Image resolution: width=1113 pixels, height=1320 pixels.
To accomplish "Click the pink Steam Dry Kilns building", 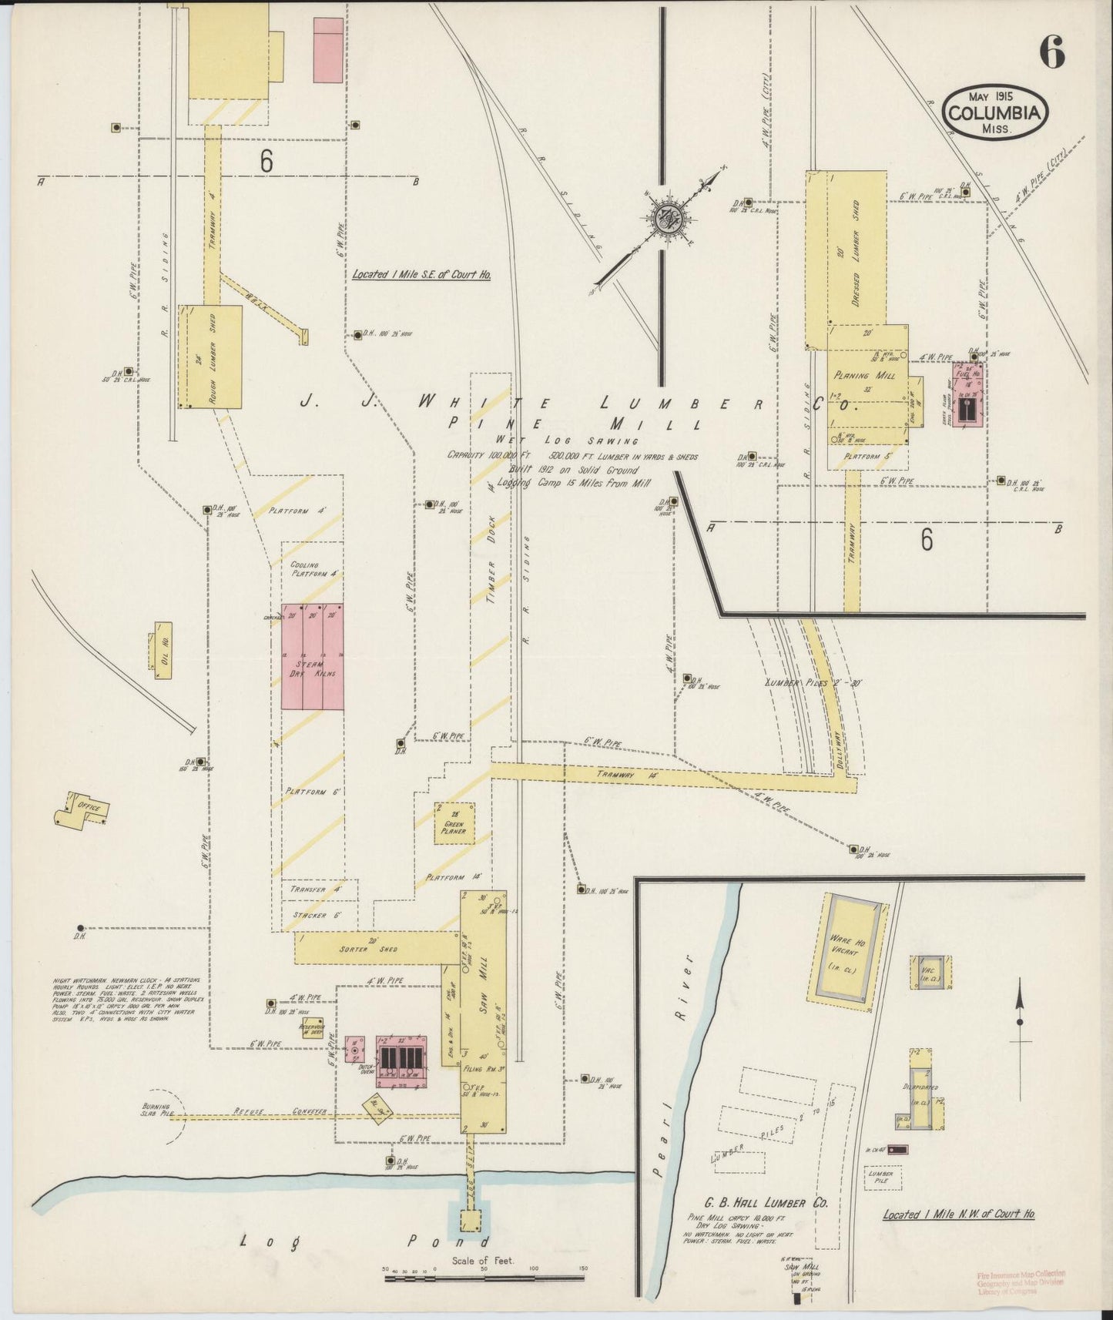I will coord(312,656).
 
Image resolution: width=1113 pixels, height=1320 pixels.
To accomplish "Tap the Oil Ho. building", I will coord(163,650).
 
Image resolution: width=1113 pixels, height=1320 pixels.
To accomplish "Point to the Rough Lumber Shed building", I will coord(210,357).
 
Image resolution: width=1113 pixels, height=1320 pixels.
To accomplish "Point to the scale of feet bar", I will coord(484,1278).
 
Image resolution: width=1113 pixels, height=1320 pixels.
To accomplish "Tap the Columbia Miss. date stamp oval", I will coord(995,112).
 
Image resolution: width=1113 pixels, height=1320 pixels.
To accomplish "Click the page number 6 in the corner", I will coord(1051,52).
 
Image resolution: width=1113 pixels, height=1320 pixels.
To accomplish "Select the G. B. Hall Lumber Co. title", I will coord(765,1203).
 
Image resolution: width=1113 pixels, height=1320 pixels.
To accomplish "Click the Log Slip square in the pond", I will coord(465,1220).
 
